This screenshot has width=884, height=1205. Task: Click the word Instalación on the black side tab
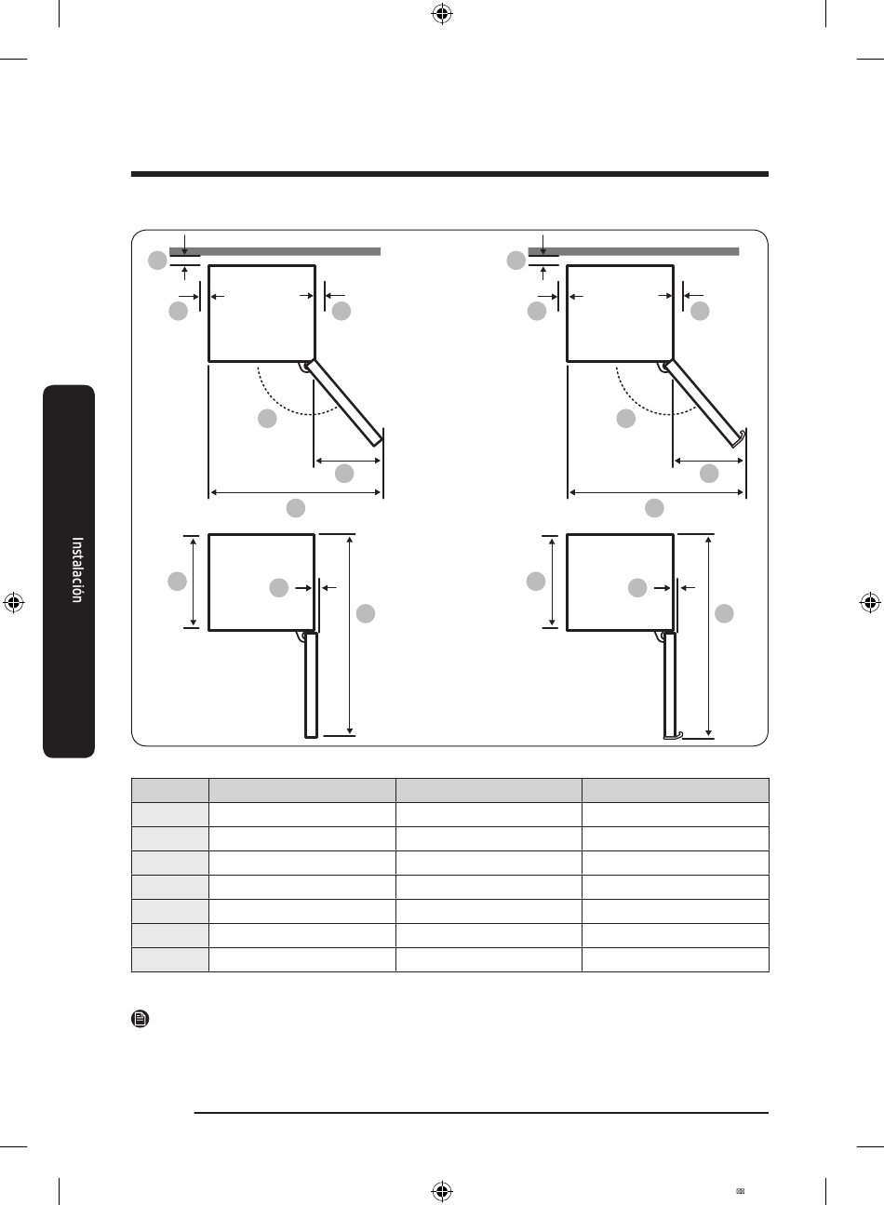(x=77, y=569)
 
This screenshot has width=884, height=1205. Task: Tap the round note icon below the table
(x=141, y=1018)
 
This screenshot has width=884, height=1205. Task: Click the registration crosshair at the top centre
(x=442, y=15)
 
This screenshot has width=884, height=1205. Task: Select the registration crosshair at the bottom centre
(x=442, y=1190)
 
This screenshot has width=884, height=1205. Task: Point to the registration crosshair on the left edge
(x=14, y=603)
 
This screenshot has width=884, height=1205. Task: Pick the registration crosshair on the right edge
(x=869, y=603)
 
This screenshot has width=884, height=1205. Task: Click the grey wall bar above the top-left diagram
(x=275, y=251)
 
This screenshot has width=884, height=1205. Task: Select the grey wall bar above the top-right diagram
(x=634, y=251)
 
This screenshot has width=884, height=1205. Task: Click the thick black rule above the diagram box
(x=449, y=174)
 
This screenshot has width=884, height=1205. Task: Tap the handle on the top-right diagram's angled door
(x=742, y=436)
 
